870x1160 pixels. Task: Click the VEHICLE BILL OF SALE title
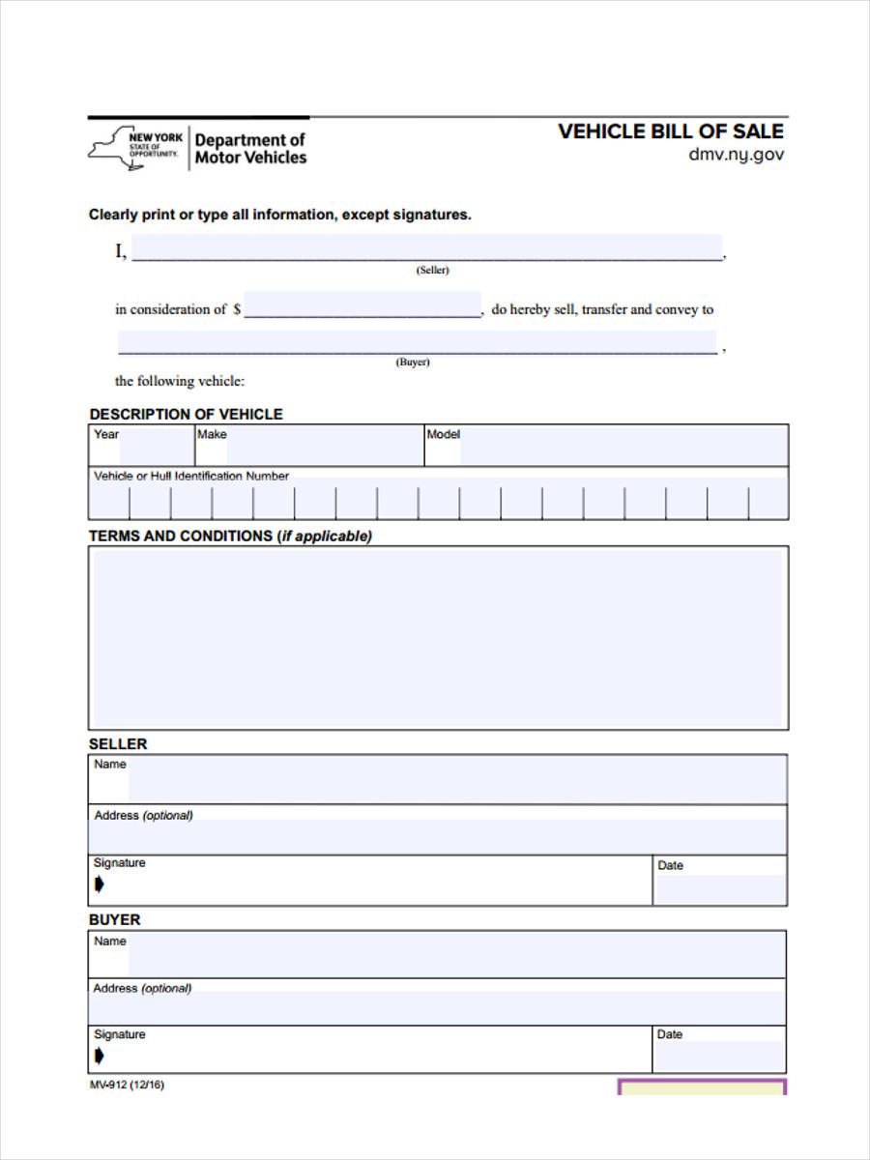click(x=671, y=131)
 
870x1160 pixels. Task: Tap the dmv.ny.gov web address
click(x=736, y=155)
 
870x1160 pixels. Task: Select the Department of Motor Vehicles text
click(x=250, y=149)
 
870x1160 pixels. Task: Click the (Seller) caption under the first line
click(x=432, y=271)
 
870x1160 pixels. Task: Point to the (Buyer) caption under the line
click(x=413, y=362)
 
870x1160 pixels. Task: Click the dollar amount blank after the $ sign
click(x=362, y=306)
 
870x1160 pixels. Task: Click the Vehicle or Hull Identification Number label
click(x=191, y=476)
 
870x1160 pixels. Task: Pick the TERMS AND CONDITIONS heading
click(x=230, y=536)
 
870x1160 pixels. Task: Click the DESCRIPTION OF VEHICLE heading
click(x=186, y=414)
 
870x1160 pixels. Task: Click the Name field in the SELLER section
click(x=456, y=780)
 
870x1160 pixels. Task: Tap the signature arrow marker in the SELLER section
click(x=100, y=884)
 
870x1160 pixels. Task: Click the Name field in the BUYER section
click(x=456, y=956)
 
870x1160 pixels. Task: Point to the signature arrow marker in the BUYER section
click(x=100, y=1056)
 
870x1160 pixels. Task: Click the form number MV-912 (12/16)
click(x=127, y=1085)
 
